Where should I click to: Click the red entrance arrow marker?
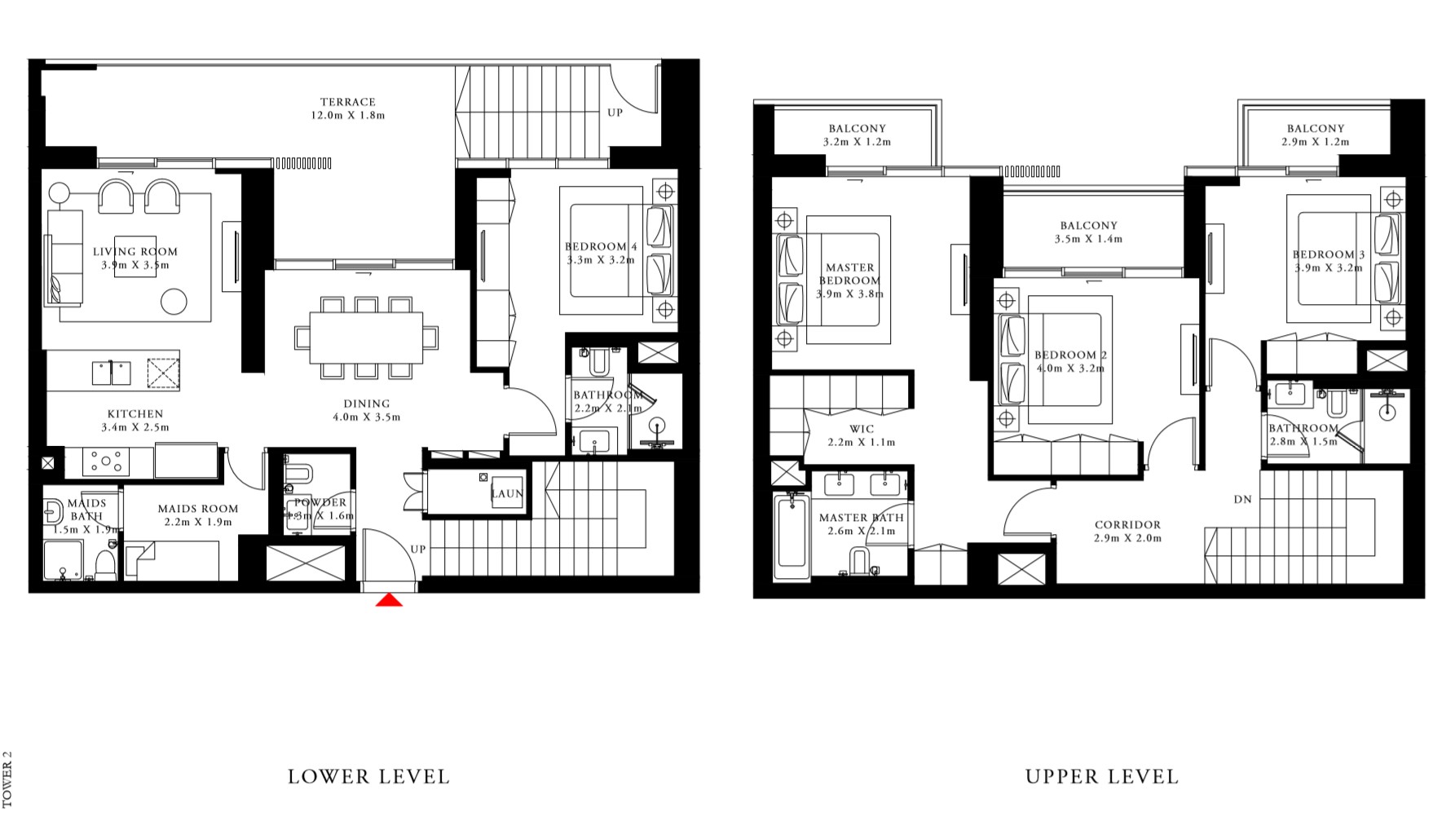coord(390,601)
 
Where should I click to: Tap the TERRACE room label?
coord(348,102)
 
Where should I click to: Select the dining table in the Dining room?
coord(366,338)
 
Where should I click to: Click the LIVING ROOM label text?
coord(135,252)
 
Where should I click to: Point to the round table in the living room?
coord(174,302)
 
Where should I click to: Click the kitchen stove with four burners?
coord(107,461)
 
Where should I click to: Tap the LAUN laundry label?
coord(506,494)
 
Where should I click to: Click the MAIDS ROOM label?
coord(198,509)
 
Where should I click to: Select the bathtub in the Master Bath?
coord(792,535)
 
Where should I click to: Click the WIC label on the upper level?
coord(862,429)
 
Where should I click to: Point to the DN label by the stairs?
coord(1242,499)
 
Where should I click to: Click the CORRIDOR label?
coord(1127,525)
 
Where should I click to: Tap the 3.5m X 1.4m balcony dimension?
coord(1088,239)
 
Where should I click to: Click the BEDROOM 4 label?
coord(601,246)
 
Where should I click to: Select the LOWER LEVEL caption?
coord(368,776)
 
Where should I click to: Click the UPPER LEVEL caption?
coord(1102,776)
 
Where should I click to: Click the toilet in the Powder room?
coord(298,474)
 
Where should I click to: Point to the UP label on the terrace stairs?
coord(615,113)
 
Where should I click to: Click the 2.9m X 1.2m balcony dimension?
coord(1315,142)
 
